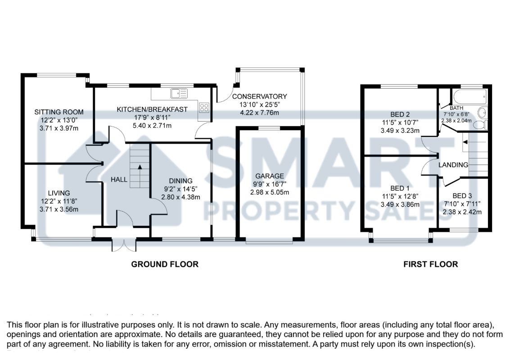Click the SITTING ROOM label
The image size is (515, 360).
click(x=60, y=112)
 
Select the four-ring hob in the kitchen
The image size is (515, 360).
click(x=204, y=108)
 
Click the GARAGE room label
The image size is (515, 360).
click(x=270, y=176)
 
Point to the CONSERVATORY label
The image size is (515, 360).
click(x=259, y=96)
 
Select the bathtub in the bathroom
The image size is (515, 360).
click(x=470, y=96)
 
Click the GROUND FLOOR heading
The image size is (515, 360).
click(x=165, y=264)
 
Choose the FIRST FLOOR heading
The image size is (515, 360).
click(x=430, y=264)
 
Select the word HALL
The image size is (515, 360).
click(x=119, y=180)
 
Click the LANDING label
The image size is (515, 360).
click(x=453, y=165)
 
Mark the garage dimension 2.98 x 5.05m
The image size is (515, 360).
click(x=270, y=192)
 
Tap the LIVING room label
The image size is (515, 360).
click(x=60, y=193)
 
